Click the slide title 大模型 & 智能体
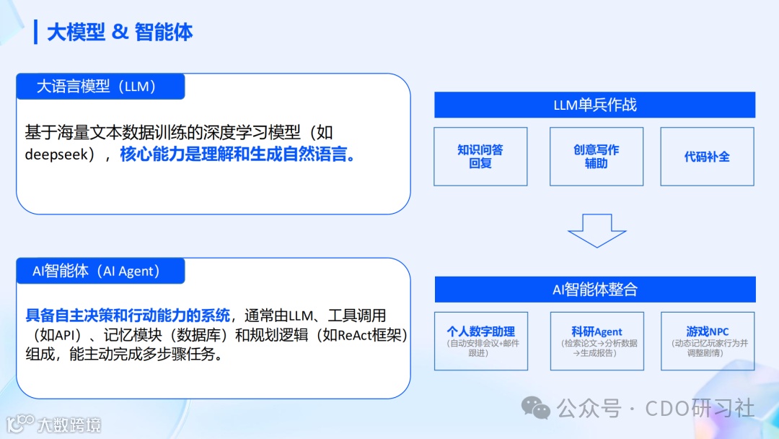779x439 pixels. [x=120, y=32]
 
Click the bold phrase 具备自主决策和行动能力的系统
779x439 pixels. [x=128, y=316]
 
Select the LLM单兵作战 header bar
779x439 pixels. [x=594, y=105]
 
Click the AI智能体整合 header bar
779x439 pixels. [x=594, y=290]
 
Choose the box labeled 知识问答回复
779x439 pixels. [x=480, y=157]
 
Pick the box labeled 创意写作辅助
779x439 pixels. [x=596, y=157]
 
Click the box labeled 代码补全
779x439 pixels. [x=707, y=157]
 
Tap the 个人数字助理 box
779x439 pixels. [x=480, y=341]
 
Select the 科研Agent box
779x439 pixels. [x=596, y=341]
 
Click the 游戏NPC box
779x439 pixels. [x=707, y=341]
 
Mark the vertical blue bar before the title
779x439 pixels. [x=36, y=32]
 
